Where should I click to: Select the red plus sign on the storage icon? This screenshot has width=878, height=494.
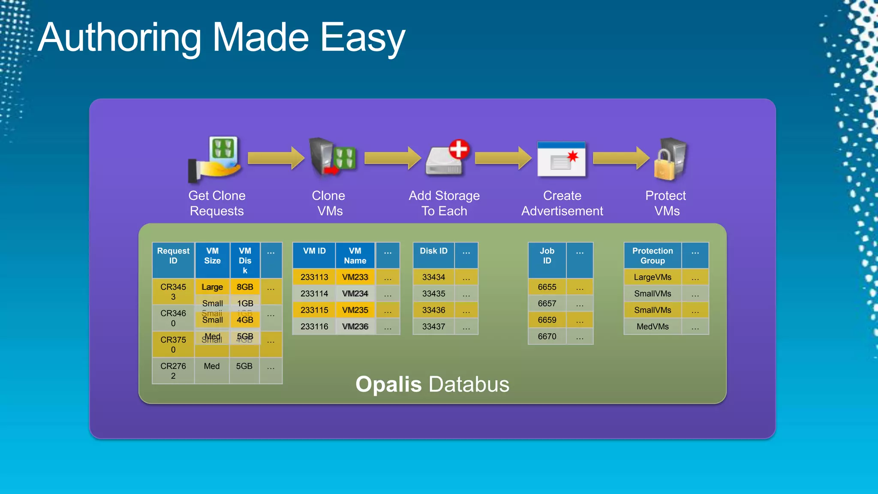click(459, 149)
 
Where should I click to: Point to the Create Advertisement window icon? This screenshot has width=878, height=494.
click(562, 160)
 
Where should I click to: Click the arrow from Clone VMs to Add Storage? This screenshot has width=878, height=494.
click(392, 158)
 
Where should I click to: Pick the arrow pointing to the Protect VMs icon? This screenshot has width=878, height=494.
click(621, 158)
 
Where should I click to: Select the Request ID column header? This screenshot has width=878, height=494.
click(173, 256)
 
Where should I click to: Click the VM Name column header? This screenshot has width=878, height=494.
click(355, 256)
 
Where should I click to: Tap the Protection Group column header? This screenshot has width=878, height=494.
click(652, 256)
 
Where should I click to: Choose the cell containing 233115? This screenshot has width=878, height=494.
click(314, 310)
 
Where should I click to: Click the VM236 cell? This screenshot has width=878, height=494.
click(355, 327)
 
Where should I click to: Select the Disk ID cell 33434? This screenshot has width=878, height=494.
click(433, 277)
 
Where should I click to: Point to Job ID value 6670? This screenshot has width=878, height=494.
click(547, 337)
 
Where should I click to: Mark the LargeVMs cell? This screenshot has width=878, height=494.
click(652, 277)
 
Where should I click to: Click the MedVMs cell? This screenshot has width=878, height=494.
click(652, 327)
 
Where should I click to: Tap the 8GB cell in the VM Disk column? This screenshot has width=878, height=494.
click(245, 287)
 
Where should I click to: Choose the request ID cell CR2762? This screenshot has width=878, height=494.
click(173, 371)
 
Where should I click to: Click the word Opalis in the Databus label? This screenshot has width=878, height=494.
click(388, 384)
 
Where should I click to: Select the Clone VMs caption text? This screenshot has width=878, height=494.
click(329, 203)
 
